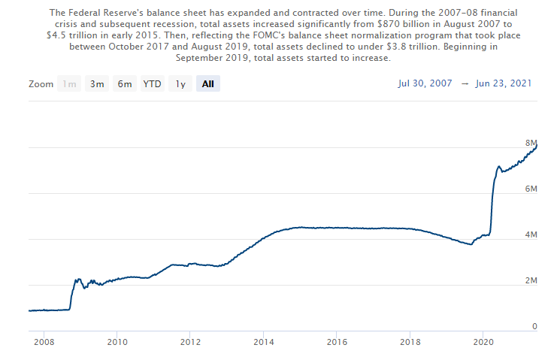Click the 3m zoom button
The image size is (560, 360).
[97, 84]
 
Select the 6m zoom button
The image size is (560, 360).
[124, 84]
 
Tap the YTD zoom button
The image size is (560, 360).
[153, 84]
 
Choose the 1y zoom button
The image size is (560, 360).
[180, 84]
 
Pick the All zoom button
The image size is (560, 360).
[208, 84]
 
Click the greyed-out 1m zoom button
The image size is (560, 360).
[70, 84]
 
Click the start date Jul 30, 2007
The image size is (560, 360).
[425, 83]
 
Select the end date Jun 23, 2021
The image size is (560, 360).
[504, 83]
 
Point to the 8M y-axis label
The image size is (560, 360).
[531, 143]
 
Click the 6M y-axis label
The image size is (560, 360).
[531, 189]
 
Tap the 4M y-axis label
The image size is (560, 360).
[531, 235]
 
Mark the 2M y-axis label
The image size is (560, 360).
[531, 281]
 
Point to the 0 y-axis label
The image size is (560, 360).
[534, 327]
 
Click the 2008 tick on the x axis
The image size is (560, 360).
[44, 342]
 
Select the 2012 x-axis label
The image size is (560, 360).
[189, 342]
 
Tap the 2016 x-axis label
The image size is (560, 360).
[336, 342]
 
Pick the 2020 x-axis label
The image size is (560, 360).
[482, 342]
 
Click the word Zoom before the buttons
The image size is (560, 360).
[41, 84]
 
